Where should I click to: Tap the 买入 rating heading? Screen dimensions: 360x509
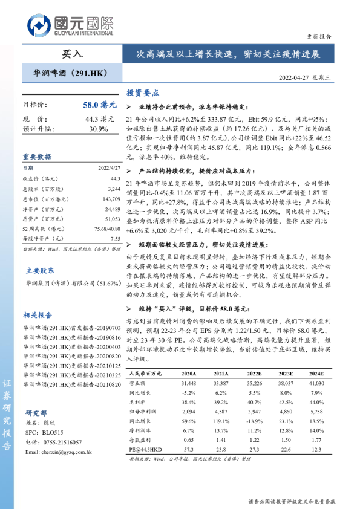pos(73,54)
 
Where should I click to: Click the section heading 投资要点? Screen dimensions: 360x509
pos(142,93)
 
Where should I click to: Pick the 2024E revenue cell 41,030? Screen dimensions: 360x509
pos(317,383)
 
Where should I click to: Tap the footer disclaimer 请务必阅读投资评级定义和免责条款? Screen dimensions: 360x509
pos(292,501)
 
